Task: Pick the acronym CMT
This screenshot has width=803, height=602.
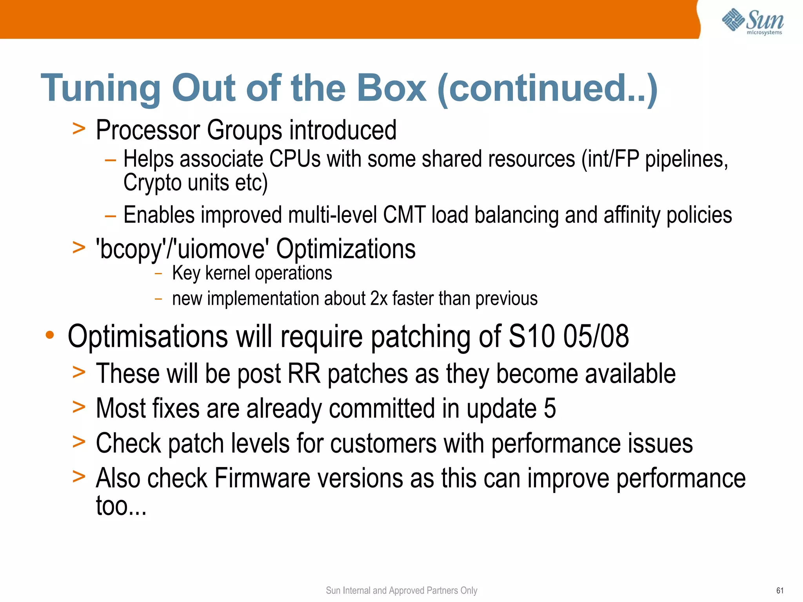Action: click(404, 215)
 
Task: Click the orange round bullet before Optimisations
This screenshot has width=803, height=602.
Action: click(49, 335)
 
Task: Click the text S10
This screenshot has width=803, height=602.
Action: click(531, 336)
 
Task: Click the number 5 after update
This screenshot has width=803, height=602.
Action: click(550, 408)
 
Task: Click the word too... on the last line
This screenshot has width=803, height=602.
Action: click(121, 506)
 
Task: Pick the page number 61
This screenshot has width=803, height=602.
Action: click(780, 591)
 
